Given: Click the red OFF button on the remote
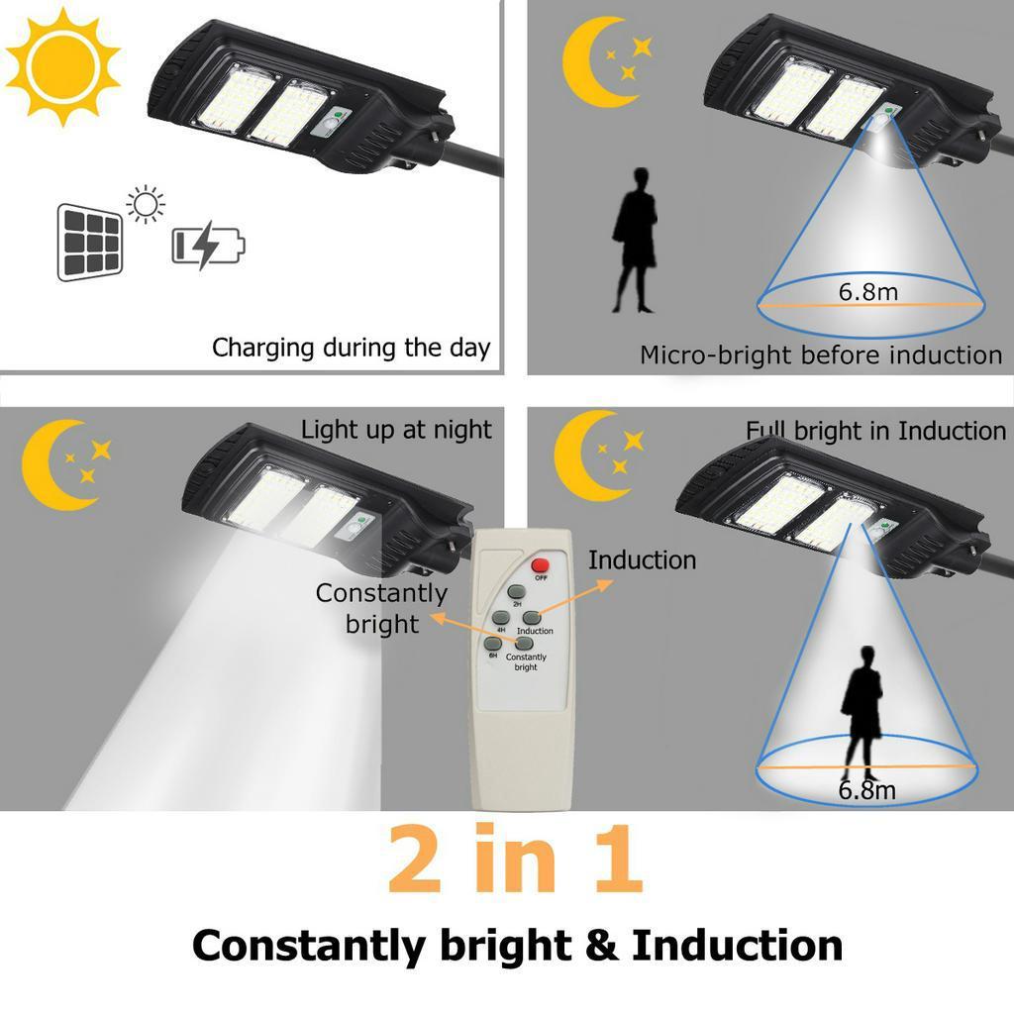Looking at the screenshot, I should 541,566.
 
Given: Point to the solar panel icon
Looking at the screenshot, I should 89,242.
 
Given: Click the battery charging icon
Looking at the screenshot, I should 208,245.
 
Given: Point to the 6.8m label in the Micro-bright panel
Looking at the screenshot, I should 868,292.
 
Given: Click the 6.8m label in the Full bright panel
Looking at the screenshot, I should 866,790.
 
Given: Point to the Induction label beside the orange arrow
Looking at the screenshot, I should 642,560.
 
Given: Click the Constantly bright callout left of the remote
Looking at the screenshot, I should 382,608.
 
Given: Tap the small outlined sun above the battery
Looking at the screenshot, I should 147,204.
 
